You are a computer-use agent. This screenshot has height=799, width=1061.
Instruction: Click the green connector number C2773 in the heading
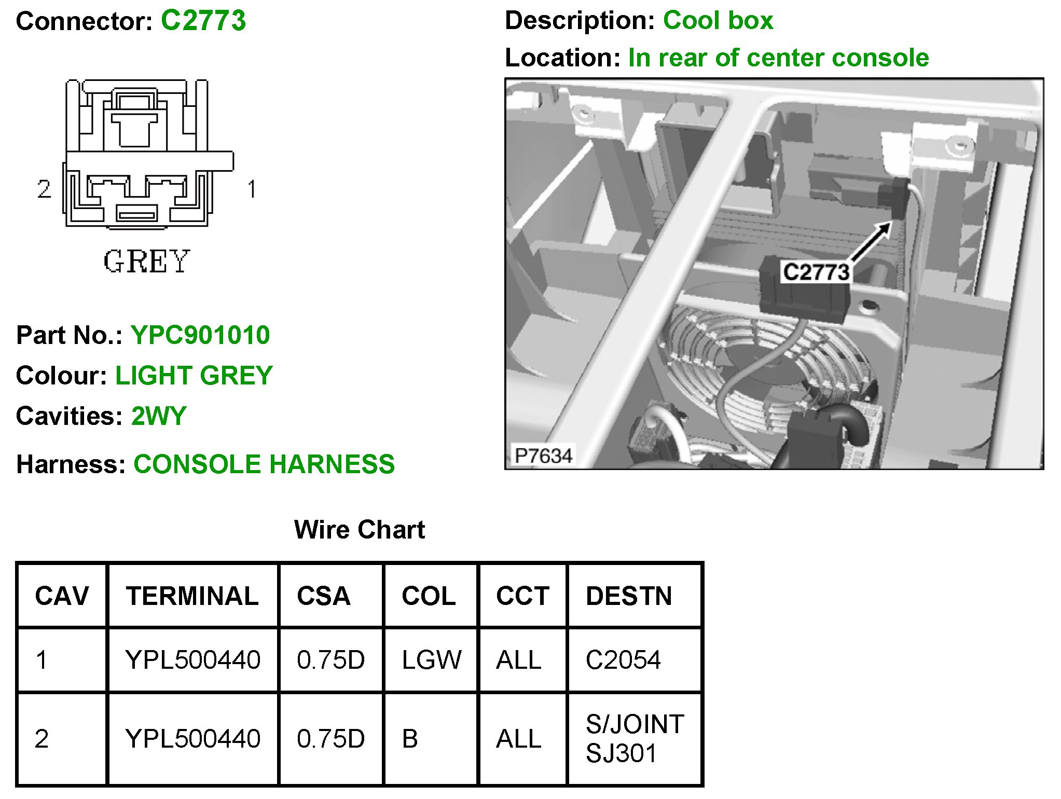pos(203,21)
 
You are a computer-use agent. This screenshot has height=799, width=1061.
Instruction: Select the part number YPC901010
pos(200,335)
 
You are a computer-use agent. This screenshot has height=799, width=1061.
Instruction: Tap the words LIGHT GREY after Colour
pos(194,376)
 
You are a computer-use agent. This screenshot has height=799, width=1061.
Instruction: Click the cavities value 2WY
pos(159,416)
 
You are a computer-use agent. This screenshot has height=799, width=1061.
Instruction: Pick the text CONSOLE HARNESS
pos(264,464)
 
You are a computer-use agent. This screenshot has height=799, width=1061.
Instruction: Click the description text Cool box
pos(718,21)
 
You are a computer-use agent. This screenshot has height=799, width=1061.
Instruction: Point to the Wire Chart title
pos(359,530)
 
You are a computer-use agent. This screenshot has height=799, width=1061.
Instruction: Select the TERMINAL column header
pos(192,596)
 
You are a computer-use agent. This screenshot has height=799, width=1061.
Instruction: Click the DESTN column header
pos(629,596)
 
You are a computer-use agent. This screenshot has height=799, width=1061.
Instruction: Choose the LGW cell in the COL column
pos(431,660)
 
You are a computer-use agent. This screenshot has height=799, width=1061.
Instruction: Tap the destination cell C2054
pos(623,660)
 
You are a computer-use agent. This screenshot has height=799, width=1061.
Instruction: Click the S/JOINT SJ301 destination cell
pos(635,738)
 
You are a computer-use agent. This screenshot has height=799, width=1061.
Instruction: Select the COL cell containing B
pos(410,739)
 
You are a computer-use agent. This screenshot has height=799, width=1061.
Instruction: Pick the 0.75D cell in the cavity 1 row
pos(330,660)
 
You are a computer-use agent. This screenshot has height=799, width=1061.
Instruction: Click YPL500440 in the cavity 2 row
pos(192,739)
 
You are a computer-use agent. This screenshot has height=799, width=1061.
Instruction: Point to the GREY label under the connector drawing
pos(146,261)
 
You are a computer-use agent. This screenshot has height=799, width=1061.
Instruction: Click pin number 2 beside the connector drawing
pos(44,189)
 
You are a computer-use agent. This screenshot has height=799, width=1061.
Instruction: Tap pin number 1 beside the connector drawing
pos(252,189)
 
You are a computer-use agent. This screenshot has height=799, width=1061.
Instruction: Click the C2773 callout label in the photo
pos(816,272)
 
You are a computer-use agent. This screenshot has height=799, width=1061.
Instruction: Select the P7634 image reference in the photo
pos(543,456)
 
